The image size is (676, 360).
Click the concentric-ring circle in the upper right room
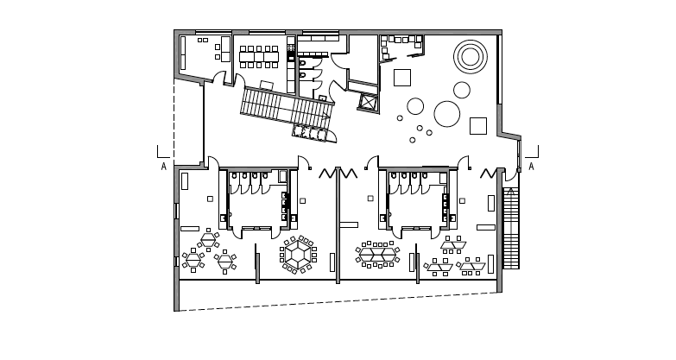(x=471, y=57)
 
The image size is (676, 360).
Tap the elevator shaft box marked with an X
(x=370, y=102)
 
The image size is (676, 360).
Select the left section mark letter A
(x=163, y=167)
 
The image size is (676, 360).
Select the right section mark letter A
(x=531, y=167)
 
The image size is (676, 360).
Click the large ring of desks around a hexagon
(x=298, y=255)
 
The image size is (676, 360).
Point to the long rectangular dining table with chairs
(x=259, y=57)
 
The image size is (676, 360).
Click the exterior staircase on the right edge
(x=510, y=229)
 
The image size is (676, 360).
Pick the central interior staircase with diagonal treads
(x=285, y=108)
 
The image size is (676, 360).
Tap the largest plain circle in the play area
(x=446, y=114)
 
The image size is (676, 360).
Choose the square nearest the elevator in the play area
(x=401, y=78)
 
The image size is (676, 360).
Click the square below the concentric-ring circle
(x=477, y=126)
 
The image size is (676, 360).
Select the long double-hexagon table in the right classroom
(x=377, y=255)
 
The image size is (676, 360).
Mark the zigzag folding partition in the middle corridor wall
(x=338, y=174)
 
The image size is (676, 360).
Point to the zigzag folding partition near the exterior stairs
(x=490, y=174)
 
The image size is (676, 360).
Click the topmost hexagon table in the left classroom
(x=208, y=239)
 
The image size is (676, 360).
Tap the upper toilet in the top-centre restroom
(x=302, y=63)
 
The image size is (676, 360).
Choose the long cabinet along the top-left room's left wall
(x=182, y=53)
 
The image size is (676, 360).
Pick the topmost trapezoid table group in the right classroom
(x=452, y=245)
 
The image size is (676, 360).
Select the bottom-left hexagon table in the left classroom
(x=193, y=260)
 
